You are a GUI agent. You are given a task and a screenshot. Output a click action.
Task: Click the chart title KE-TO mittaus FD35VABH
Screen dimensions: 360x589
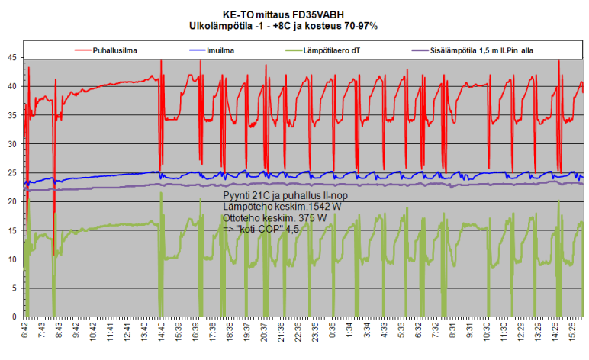pos(294,14)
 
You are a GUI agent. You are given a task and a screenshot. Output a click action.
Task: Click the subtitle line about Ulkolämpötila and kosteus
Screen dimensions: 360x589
pos(294,25)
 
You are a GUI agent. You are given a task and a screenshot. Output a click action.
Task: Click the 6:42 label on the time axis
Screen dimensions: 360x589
pos(25,333)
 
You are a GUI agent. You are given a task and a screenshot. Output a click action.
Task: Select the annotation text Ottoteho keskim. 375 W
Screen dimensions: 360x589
pos(275,217)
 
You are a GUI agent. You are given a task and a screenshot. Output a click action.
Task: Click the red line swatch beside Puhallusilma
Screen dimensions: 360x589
pos(82,50)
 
